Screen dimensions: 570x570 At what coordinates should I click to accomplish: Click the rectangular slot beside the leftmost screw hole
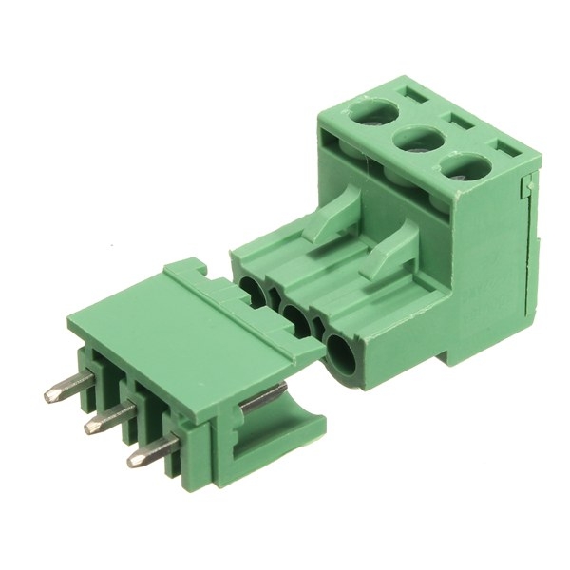415,96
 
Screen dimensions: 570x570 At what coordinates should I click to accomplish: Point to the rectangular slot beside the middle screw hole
463,122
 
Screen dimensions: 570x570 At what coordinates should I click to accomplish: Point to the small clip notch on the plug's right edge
525,190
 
